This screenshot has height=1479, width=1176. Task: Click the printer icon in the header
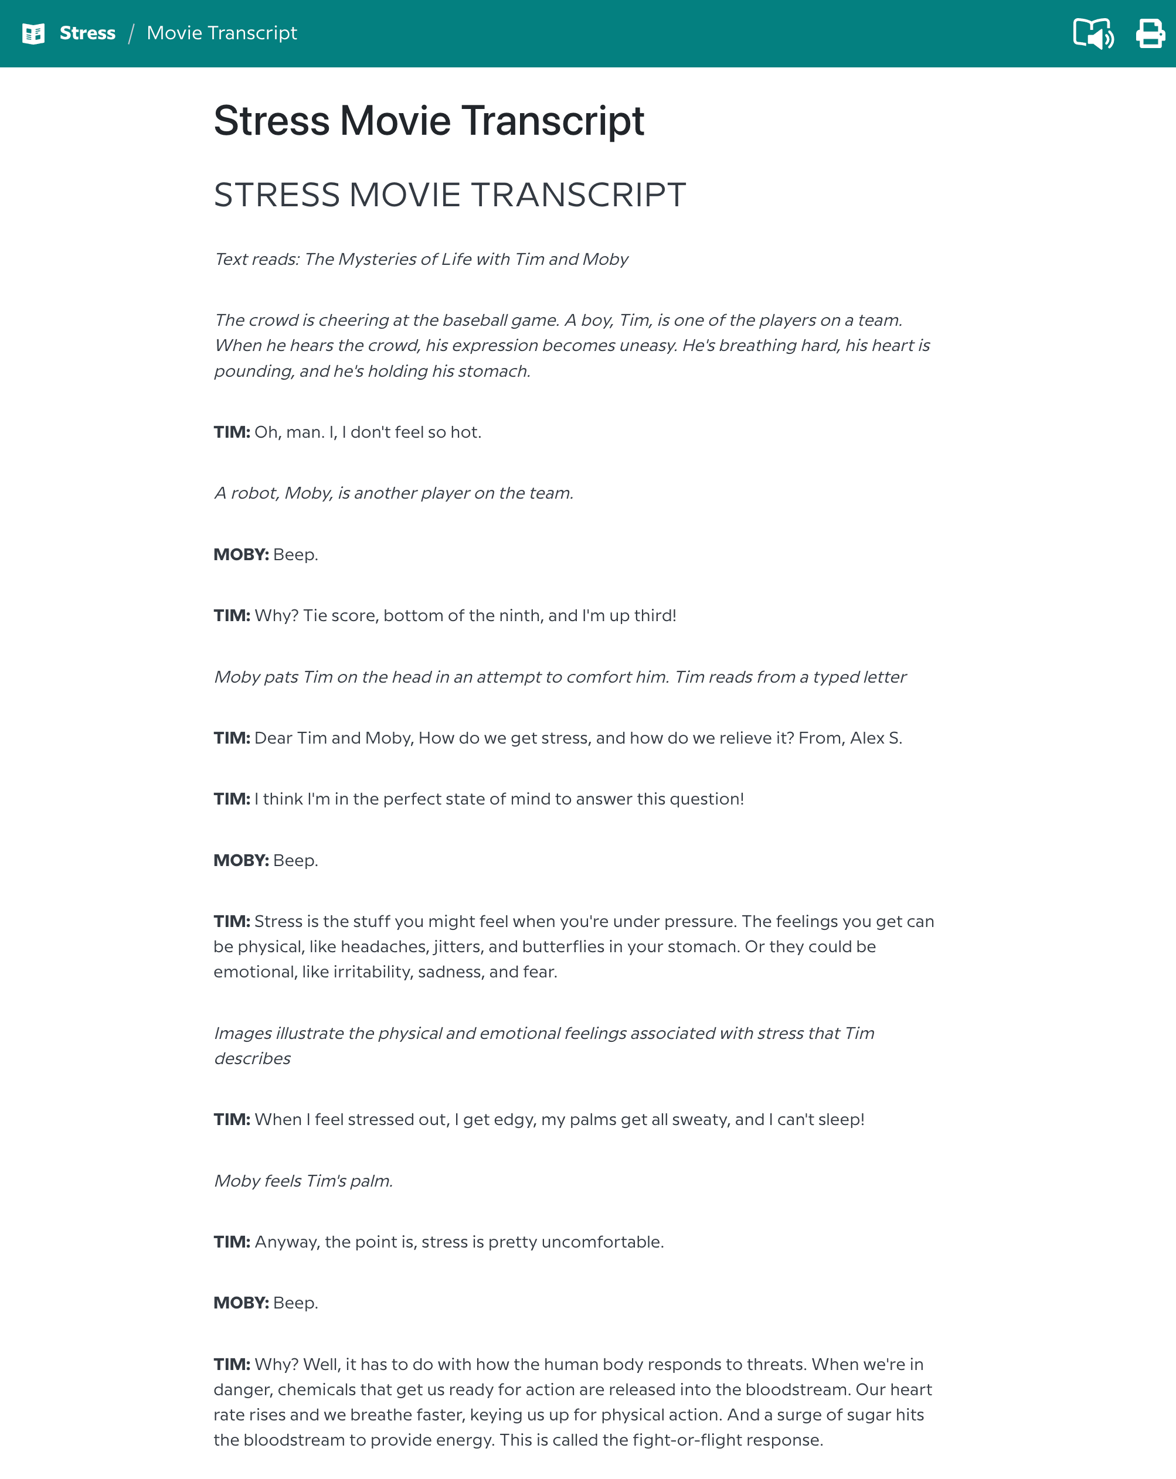click(1150, 33)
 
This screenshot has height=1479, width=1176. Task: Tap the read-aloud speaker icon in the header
click(1093, 33)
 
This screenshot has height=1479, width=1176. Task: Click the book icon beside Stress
click(33, 33)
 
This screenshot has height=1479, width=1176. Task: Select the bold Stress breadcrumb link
click(87, 33)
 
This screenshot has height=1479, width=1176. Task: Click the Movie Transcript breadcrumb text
click(222, 33)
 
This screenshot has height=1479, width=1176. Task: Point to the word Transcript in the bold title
click(552, 121)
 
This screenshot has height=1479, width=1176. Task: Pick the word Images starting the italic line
click(243, 1034)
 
